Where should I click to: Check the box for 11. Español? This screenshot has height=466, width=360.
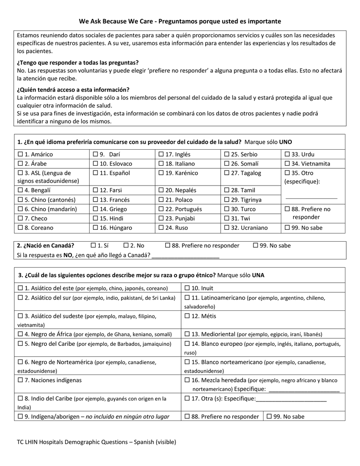tap(96, 173)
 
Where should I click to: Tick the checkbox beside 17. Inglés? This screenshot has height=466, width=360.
tap(161, 154)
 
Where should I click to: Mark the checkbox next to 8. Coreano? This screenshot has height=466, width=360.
tap(20, 228)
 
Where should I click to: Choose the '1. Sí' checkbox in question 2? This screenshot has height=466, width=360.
tap(94, 246)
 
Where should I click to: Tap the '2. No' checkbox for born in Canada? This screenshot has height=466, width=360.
tap(126, 246)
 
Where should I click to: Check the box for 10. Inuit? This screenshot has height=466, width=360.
tap(187, 288)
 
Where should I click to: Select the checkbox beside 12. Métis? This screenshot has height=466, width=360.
tap(187, 316)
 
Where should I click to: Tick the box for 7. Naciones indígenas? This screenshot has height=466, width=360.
tap(20, 380)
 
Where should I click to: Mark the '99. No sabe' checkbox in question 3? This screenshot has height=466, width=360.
tap(269, 416)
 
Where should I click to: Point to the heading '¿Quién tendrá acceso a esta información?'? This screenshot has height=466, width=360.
tap(73, 90)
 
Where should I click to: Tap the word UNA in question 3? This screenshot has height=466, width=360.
tap(258, 275)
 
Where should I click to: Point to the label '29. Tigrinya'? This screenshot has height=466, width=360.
tap(246, 200)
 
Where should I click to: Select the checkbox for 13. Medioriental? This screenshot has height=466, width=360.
tap(187, 334)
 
